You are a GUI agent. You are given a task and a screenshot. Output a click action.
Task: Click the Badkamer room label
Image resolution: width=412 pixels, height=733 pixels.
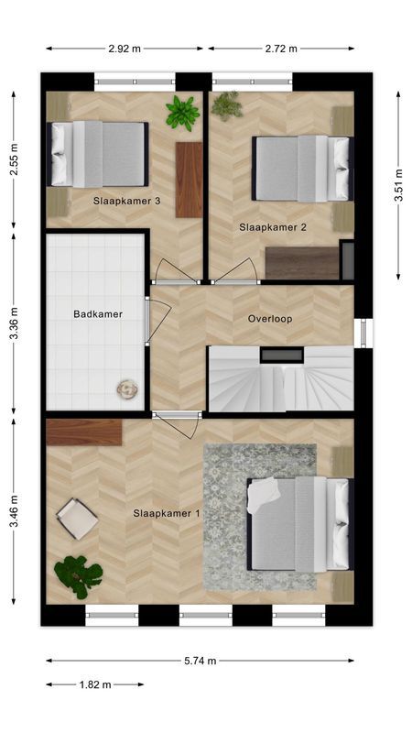click(98, 314)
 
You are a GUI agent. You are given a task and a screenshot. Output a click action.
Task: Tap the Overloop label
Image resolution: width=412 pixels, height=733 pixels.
click(270, 319)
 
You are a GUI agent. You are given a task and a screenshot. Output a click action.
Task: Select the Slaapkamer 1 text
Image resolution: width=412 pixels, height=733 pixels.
click(167, 513)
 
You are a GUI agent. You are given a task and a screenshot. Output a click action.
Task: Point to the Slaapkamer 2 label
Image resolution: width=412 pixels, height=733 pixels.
click(273, 227)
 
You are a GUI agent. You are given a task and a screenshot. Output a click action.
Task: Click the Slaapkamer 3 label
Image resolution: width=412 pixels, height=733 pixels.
click(127, 202)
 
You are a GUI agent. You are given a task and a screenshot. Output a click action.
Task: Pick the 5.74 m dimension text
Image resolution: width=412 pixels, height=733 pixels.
click(199, 661)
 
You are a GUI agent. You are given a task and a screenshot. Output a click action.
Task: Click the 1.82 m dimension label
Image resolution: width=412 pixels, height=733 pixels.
click(94, 684)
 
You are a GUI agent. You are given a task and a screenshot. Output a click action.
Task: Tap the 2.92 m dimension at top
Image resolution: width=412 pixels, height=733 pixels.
click(125, 49)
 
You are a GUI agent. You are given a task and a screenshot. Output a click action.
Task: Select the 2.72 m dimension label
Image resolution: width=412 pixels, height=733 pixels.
click(281, 49)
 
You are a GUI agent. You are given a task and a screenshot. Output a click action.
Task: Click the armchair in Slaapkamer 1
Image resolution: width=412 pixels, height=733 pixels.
click(77, 519)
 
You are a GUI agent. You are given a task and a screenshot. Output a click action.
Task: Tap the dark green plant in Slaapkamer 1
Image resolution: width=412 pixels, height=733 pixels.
click(78, 575)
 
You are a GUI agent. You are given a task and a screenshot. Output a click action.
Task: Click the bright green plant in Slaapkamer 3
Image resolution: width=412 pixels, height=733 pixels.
click(182, 113)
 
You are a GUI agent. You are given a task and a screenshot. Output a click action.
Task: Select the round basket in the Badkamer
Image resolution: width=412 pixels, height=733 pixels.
click(127, 388)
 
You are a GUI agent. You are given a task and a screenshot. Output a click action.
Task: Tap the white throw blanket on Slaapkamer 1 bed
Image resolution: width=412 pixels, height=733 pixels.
click(264, 493)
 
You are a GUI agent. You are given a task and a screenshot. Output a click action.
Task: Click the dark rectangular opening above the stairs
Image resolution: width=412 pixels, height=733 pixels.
click(282, 356)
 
